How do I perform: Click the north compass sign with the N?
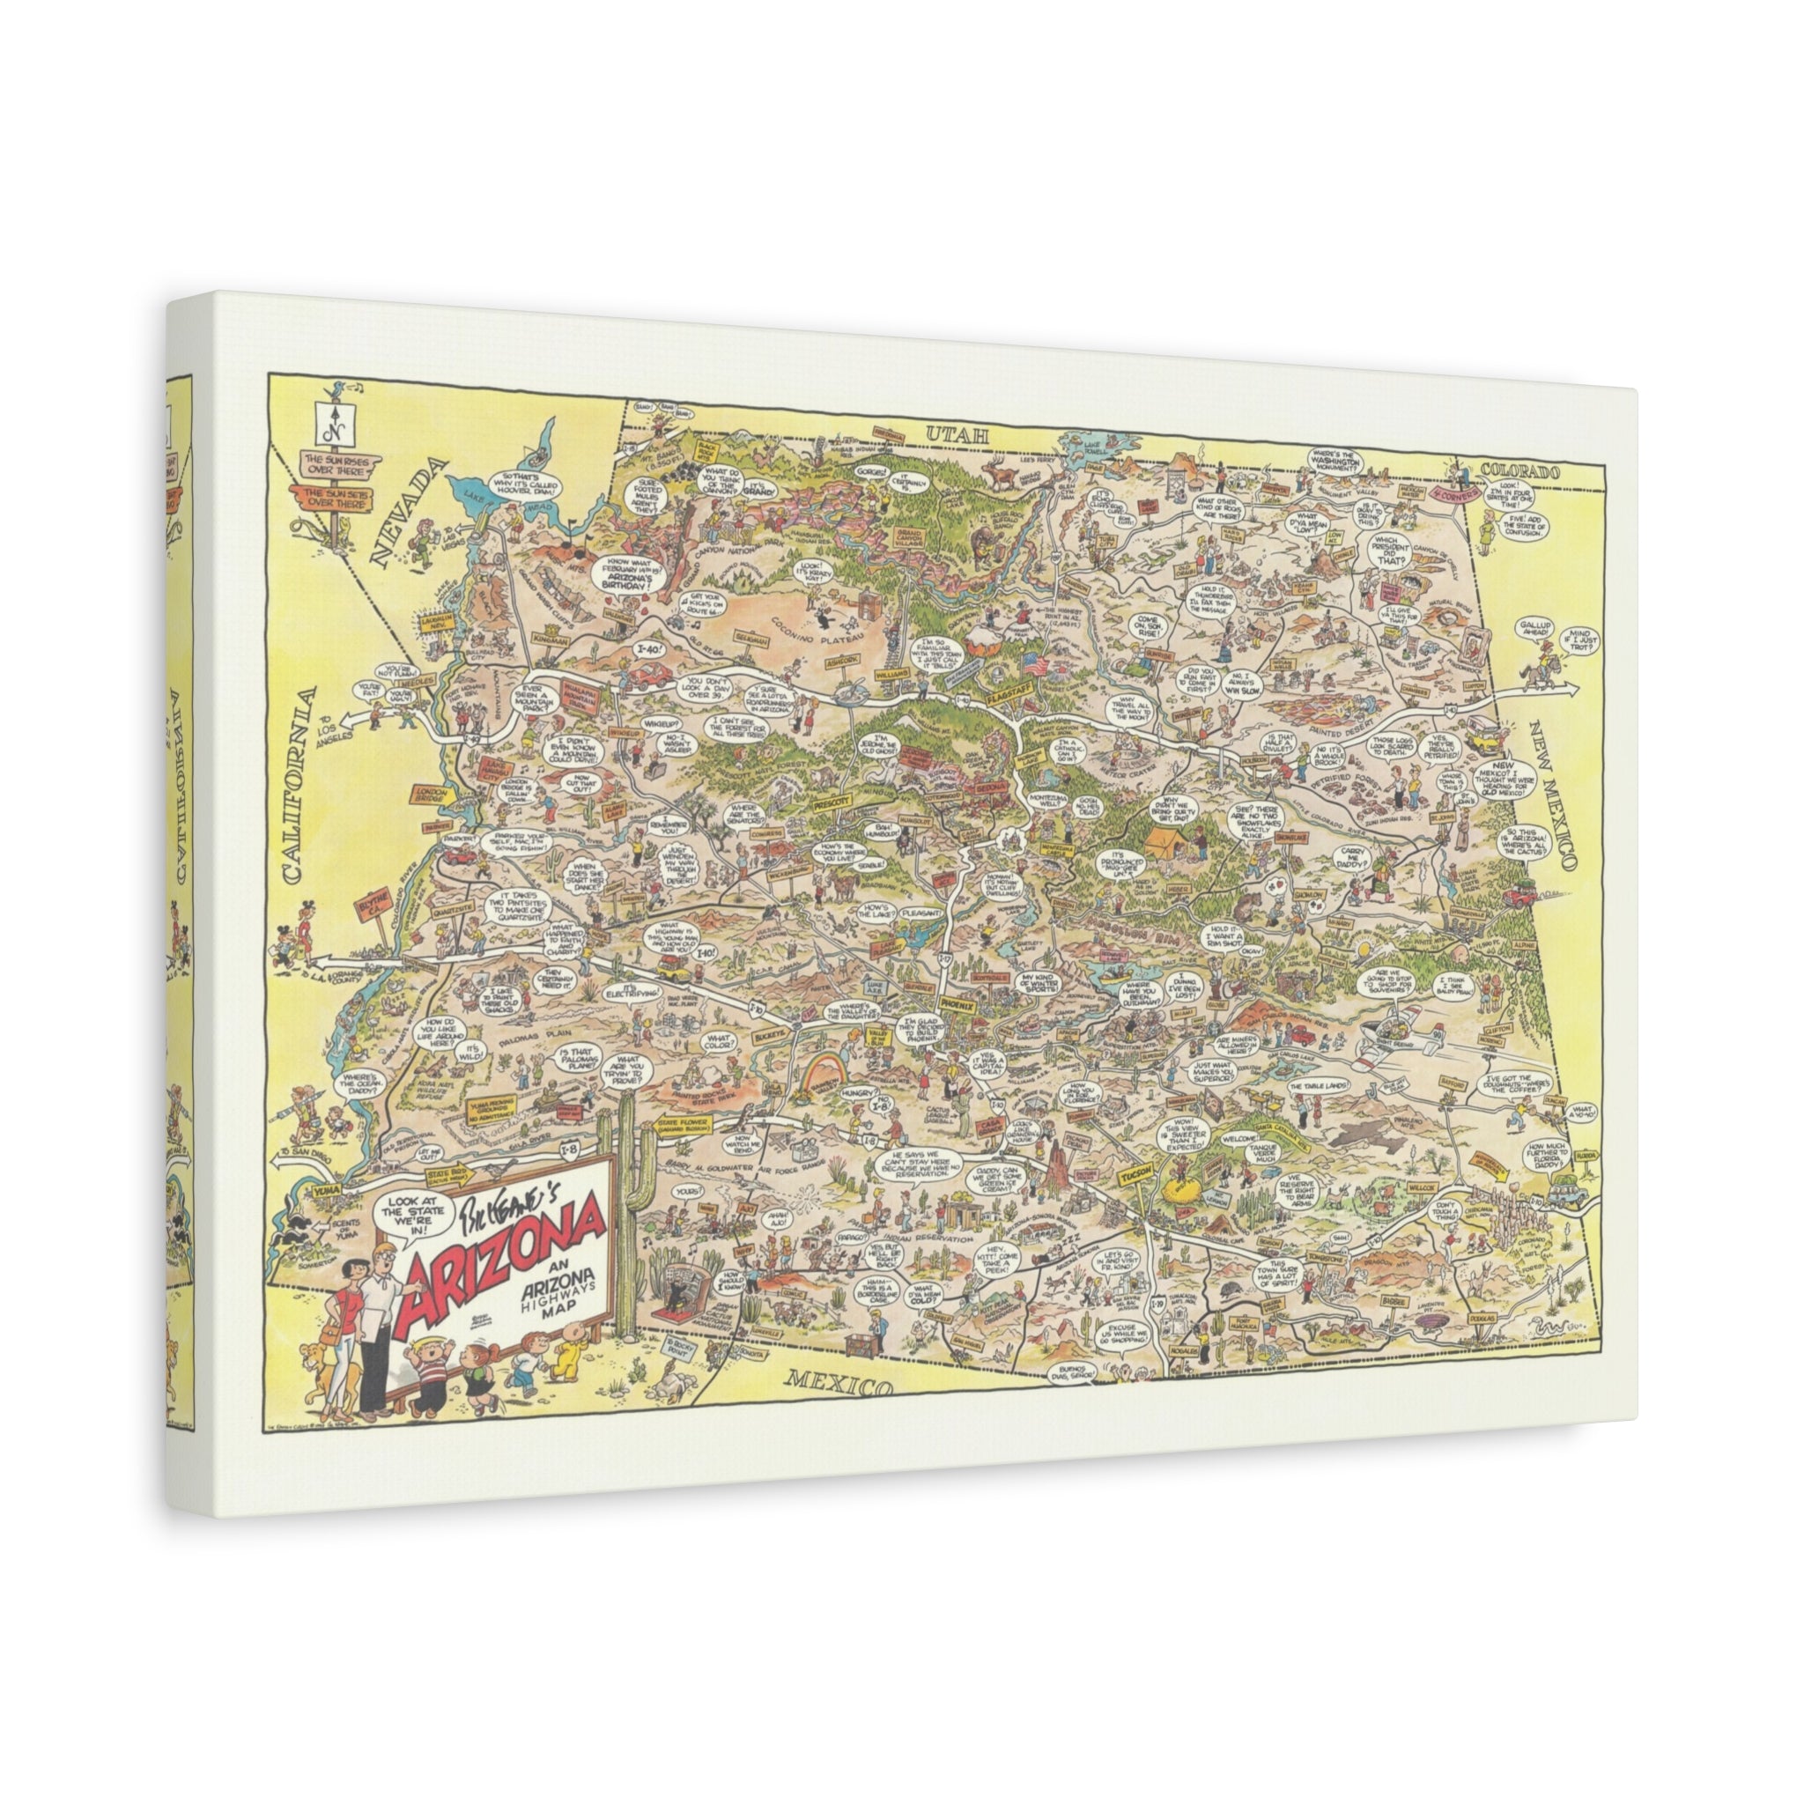tap(329, 426)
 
